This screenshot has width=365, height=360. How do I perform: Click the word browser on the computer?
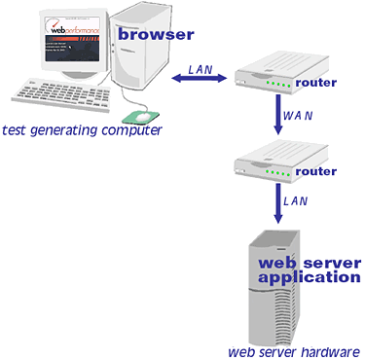point(155,35)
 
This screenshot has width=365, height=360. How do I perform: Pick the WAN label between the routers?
point(299,117)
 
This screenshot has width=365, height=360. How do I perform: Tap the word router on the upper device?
point(315,82)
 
